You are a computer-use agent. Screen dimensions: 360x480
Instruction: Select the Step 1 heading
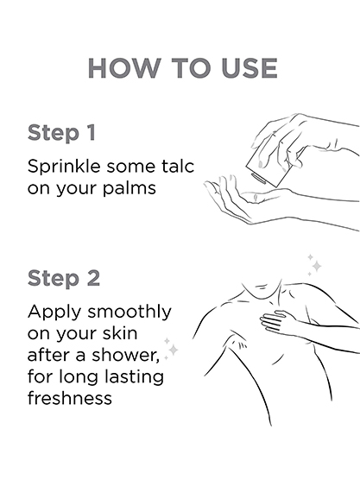click(61, 133)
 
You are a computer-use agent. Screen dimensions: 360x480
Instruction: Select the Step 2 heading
click(64, 279)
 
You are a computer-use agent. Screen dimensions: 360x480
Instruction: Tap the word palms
click(129, 188)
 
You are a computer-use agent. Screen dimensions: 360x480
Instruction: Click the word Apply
click(55, 313)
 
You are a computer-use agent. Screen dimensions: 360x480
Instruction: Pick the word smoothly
click(129, 313)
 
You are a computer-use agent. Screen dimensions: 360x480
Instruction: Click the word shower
click(126, 355)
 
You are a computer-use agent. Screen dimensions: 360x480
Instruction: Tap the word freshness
click(70, 398)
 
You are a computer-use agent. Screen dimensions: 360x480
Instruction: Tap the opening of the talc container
click(259, 179)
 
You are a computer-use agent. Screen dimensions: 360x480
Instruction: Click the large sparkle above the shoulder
click(317, 266)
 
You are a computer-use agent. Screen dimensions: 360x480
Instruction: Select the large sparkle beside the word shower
click(174, 350)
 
